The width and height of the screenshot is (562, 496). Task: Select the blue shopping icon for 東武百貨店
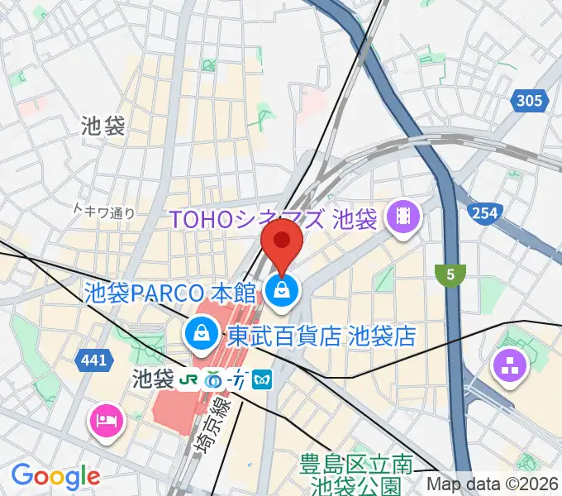pos(200,335)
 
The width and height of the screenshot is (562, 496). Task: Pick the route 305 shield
pos(529,102)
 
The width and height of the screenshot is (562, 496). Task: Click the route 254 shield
pos(485,213)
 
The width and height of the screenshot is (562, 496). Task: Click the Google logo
pos(55,476)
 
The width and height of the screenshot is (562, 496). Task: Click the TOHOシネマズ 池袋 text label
pos(274,219)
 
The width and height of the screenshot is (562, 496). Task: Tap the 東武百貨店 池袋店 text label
pos(321,336)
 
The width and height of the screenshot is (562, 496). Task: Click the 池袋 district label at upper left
pos(103,126)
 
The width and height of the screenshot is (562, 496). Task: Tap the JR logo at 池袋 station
pos(190,379)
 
